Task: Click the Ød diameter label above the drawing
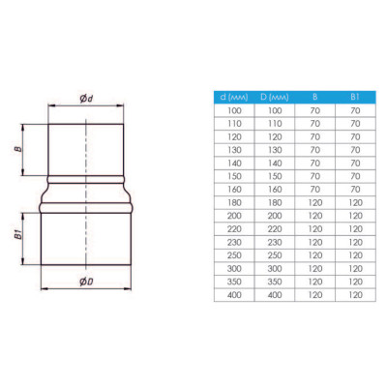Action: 86,98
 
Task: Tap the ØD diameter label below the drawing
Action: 86,282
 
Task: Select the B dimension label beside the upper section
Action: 18,149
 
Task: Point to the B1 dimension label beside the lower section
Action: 18,235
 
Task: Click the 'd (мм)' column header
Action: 234,97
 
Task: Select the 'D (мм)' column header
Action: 275,97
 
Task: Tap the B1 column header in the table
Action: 355,97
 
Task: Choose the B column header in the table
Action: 315,97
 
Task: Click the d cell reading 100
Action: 234,110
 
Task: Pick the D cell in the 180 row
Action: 275,203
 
